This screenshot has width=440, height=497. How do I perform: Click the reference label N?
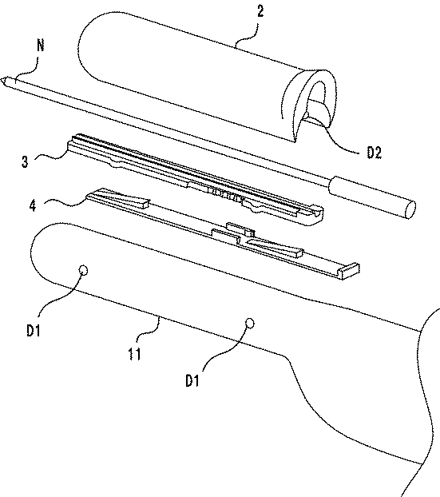pyautogui.click(x=40, y=45)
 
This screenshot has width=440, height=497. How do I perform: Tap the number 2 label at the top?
pyautogui.click(x=260, y=10)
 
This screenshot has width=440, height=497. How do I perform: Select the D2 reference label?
pyautogui.click(x=374, y=153)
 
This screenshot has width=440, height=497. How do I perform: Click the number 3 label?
pyautogui.click(x=25, y=161)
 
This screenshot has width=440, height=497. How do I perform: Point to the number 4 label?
pyautogui.click(x=33, y=205)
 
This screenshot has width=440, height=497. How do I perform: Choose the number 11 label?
pyautogui.click(x=134, y=353)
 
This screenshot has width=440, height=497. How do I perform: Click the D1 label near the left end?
pyautogui.click(x=34, y=330)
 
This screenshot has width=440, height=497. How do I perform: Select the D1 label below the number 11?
pyautogui.click(x=192, y=380)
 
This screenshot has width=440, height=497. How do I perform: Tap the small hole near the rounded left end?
pyautogui.click(x=83, y=270)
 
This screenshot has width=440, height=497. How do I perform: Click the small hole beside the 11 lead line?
pyautogui.click(x=250, y=323)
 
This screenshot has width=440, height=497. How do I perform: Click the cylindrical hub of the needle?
pyautogui.click(x=372, y=197)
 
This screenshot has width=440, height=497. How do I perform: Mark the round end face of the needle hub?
pyautogui.click(x=410, y=209)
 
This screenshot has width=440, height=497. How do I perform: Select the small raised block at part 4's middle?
pyautogui.click(x=240, y=229)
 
